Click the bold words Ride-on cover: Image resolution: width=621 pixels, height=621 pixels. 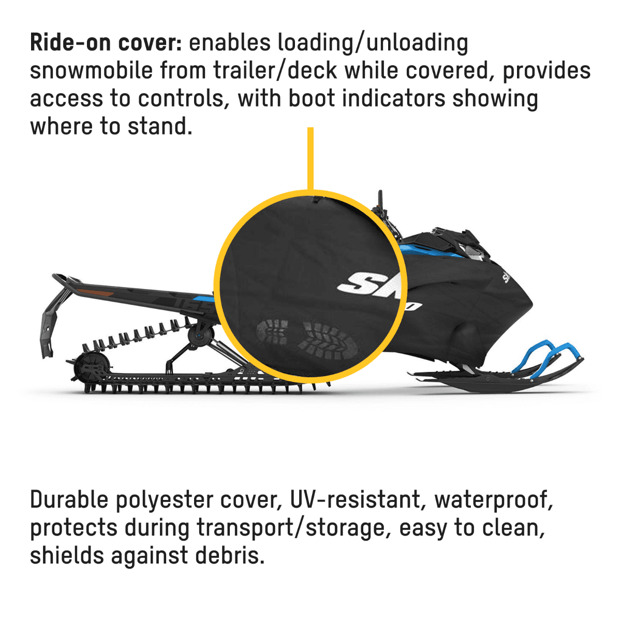(x=106, y=42)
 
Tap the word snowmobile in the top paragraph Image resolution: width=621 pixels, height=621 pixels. (x=91, y=70)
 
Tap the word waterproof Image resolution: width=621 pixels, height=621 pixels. (x=494, y=500)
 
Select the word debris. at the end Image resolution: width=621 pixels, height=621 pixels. (x=230, y=556)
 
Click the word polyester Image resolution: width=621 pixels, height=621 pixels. (x=164, y=500)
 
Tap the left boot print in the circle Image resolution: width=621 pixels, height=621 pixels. (x=272, y=331)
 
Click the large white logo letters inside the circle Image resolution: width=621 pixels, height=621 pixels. (x=371, y=284)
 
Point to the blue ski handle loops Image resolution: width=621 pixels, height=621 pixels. (x=545, y=357)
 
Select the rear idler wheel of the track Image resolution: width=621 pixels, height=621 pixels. (x=91, y=367)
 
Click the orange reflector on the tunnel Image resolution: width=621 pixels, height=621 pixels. (x=96, y=292)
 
